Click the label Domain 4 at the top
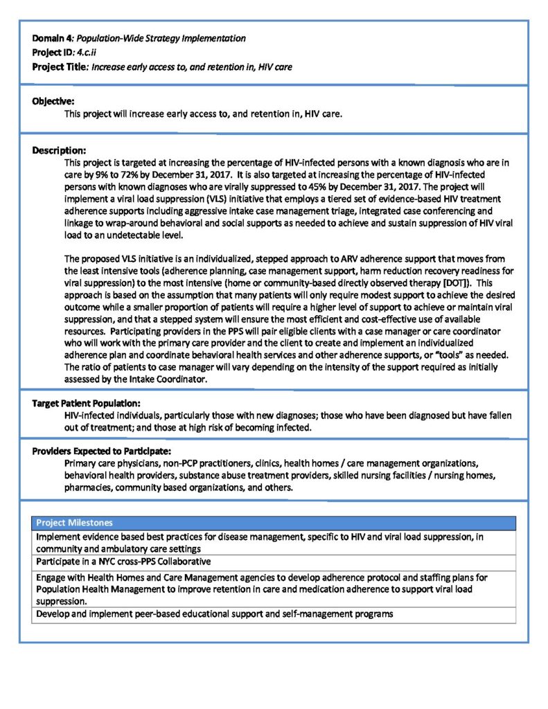[x=51, y=37]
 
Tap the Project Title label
[x=60, y=66]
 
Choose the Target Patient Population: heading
[x=87, y=403]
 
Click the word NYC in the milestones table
[x=106, y=560]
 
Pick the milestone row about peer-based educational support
[x=215, y=613]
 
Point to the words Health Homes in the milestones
[x=119, y=576]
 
